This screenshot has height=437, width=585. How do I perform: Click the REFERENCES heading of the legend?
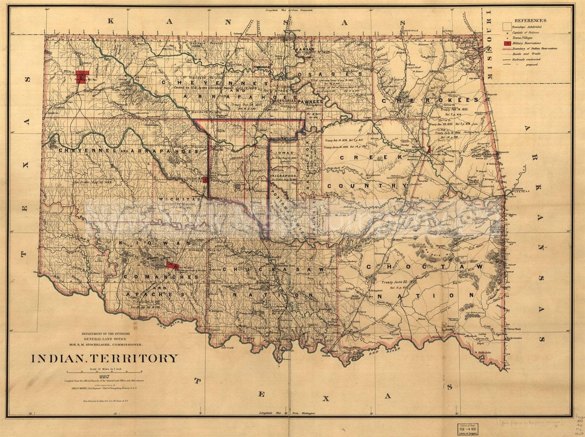tap(530, 21)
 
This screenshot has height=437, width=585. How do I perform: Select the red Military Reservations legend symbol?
tap(507, 43)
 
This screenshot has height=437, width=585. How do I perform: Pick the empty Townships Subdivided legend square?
tap(507, 26)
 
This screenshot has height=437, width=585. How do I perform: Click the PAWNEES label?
tap(310, 101)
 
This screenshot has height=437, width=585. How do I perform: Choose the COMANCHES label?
tap(161, 277)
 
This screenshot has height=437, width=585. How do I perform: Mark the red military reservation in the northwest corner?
tap(82, 77)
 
